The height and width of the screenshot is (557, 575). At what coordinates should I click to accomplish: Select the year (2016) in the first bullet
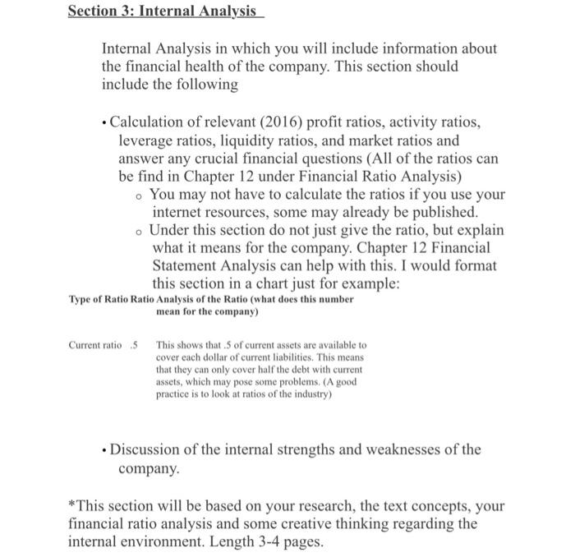click(278, 122)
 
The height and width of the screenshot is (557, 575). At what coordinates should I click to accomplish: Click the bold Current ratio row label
click(89, 345)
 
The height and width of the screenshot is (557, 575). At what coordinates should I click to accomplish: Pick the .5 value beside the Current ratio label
click(135, 345)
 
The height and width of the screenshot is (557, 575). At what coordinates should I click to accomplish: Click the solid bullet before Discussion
click(103, 450)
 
